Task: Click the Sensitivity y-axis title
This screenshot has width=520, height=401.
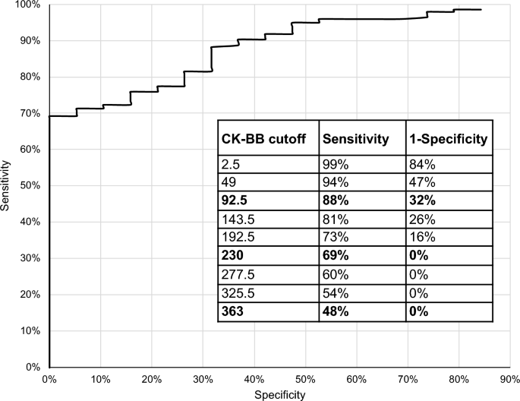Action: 8,185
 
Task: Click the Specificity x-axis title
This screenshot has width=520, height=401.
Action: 280,394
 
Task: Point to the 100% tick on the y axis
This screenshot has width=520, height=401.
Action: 30,5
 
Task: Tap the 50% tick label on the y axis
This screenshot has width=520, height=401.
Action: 31,185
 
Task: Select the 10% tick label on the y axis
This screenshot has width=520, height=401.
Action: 31,331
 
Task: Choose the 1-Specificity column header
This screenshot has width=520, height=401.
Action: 449,140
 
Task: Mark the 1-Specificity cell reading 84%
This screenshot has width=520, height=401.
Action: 422,163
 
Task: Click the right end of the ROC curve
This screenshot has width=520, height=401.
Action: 481,10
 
